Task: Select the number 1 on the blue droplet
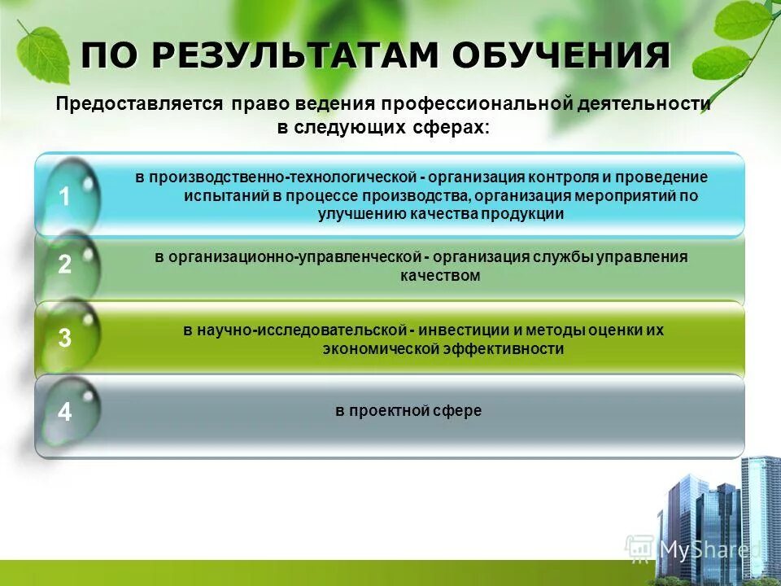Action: [65, 196]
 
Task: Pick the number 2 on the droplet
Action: [65, 265]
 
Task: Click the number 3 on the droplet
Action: [65, 339]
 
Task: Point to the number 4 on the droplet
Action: [65, 412]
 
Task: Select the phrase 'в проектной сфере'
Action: [408, 411]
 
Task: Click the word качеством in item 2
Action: [440, 276]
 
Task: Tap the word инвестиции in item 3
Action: [463, 330]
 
